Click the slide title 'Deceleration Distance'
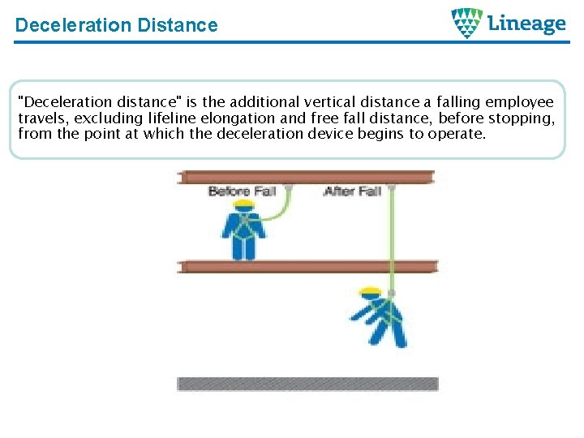pos(116,25)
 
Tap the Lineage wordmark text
pos(526,24)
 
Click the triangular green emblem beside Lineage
pos(467,23)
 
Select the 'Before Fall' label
pos(242,191)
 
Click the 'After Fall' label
pos(352,191)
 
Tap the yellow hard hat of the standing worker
pos(243,204)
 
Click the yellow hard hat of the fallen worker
pos(371,290)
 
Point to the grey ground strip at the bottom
pos(307,384)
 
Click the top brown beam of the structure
pos(307,177)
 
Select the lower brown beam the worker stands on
pos(307,266)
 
